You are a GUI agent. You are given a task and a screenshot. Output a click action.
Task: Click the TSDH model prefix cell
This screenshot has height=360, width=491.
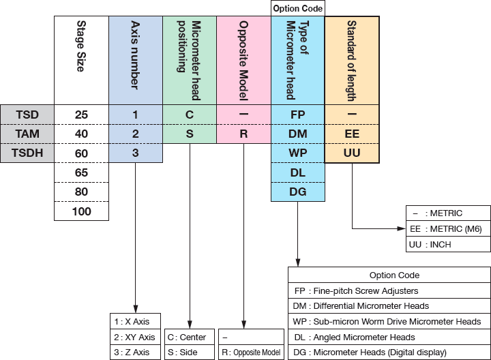[x=27, y=153]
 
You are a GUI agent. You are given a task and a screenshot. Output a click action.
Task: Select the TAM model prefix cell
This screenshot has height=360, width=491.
[x=27, y=134]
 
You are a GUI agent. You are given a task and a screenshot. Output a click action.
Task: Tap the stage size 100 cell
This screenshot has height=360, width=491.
[x=81, y=211]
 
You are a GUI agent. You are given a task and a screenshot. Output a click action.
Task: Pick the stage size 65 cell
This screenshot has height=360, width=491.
[x=81, y=172]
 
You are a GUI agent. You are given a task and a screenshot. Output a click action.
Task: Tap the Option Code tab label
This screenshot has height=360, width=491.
[x=297, y=8]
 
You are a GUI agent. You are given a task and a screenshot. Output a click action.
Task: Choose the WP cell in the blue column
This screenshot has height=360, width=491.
[x=297, y=153]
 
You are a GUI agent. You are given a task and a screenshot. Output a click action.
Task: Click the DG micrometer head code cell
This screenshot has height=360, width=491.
[x=297, y=192]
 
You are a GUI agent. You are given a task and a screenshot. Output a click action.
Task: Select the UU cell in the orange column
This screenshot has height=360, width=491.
[x=352, y=153]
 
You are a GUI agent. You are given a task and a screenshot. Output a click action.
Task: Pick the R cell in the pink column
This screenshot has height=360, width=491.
[x=243, y=134]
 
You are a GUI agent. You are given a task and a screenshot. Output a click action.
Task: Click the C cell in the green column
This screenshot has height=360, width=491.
[x=190, y=114]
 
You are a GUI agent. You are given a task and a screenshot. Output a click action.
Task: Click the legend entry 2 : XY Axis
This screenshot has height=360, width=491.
[x=136, y=337]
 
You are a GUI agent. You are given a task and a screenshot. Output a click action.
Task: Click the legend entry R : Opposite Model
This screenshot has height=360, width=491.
[x=251, y=352]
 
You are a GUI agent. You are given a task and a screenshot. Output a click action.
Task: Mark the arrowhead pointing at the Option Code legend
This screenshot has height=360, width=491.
[x=297, y=262]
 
